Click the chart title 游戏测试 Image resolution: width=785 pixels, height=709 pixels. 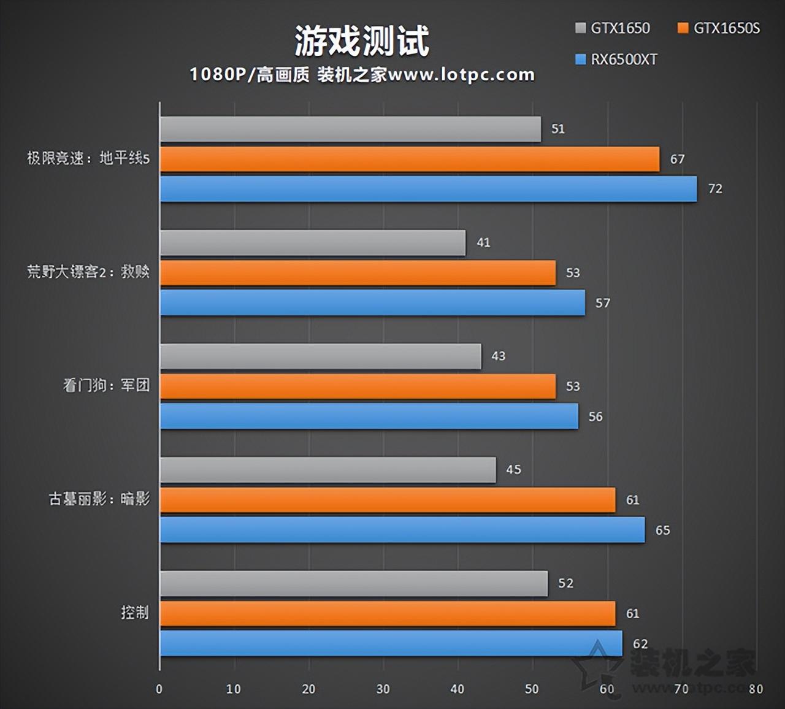coord(362,41)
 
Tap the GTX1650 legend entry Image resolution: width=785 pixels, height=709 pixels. coord(613,28)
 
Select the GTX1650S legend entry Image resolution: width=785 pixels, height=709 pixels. coord(719,28)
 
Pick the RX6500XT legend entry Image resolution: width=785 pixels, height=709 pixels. coord(616,59)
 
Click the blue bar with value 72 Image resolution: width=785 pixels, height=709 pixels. coord(428,189)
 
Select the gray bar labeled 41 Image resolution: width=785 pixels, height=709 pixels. coord(313,243)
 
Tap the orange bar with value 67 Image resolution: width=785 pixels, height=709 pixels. coord(410,159)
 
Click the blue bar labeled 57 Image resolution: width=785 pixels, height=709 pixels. coord(372,303)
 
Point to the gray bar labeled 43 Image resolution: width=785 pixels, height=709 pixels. coord(320,356)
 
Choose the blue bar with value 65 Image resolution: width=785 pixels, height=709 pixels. coord(402,530)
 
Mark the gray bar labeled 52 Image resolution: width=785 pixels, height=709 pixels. coord(354,583)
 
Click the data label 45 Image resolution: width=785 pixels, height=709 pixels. coord(513,470)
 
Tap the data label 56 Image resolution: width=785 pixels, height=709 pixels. coord(595,417)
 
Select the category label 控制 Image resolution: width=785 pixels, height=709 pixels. coord(135,613)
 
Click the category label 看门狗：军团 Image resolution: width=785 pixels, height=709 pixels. coord(107,385)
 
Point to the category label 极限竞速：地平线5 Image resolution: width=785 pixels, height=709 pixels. coord(88,158)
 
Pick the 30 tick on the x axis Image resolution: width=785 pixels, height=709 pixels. coord(383,689)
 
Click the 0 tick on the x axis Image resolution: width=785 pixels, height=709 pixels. coord(159,689)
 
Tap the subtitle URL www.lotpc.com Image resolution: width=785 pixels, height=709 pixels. coord(461,75)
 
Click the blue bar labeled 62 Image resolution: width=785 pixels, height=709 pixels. coord(391,643)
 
